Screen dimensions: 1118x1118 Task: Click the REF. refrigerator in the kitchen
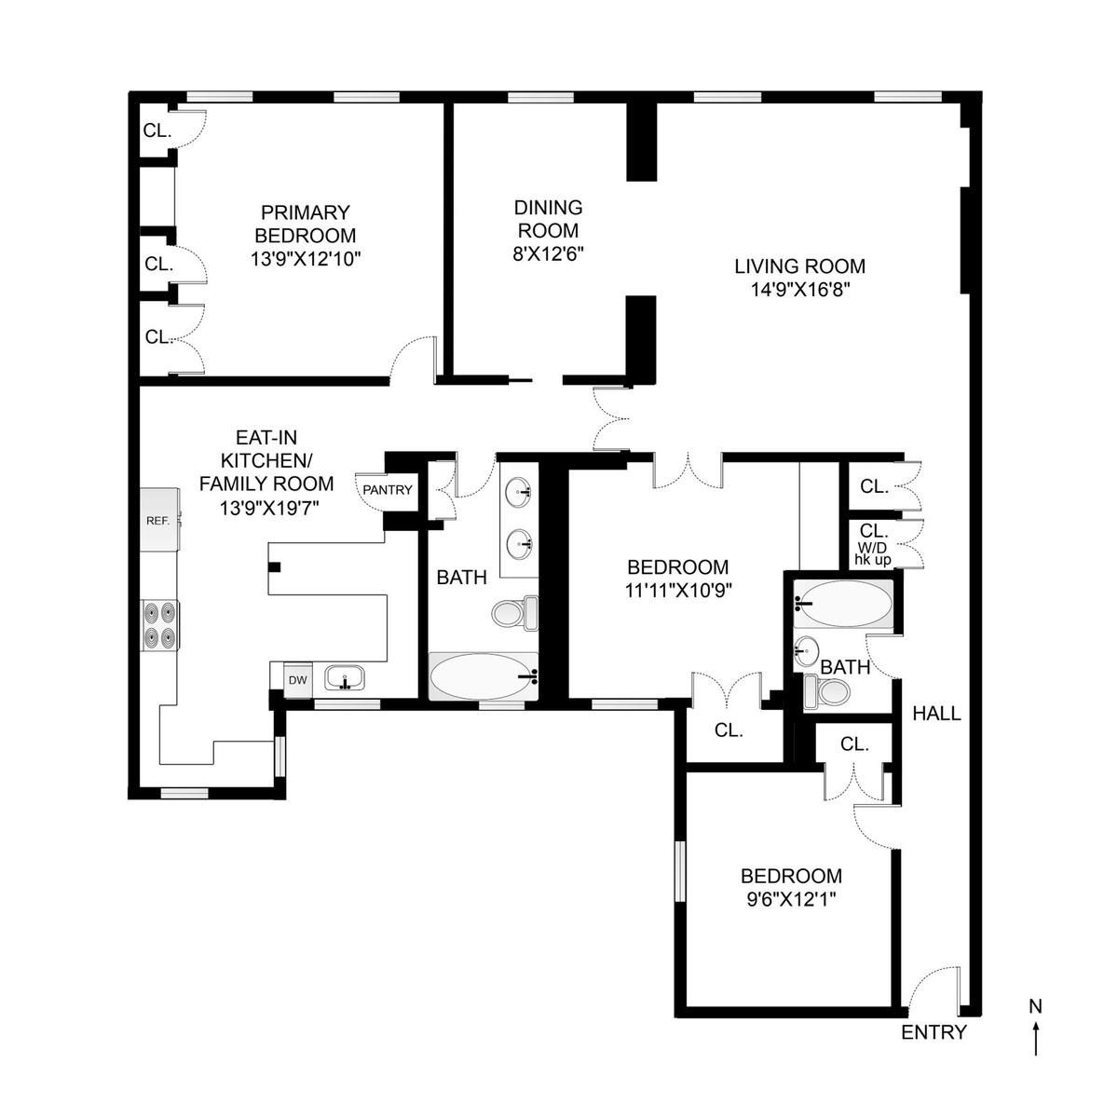click(x=159, y=519)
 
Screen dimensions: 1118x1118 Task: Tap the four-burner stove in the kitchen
click(x=160, y=626)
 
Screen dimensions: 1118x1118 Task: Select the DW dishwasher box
click(x=297, y=680)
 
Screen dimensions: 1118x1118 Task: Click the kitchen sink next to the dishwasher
click(x=345, y=677)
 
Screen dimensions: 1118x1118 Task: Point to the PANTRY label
click(x=388, y=490)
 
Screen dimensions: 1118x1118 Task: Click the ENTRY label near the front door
click(x=934, y=1032)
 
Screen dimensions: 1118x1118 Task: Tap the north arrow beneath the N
click(x=1036, y=1038)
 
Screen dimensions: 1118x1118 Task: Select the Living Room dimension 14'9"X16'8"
click(x=800, y=289)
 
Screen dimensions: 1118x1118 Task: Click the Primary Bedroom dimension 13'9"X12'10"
click(x=306, y=259)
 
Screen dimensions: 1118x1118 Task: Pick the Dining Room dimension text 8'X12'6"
click(x=548, y=253)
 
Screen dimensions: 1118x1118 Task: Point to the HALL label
click(x=936, y=713)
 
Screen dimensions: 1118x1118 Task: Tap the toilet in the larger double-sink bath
click(x=514, y=613)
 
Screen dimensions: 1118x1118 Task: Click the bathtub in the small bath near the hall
click(x=844, y=604)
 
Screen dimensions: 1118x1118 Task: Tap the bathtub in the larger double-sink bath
click(x=484, y=676)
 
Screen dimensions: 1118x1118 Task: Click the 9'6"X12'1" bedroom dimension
click(x=791, y=900)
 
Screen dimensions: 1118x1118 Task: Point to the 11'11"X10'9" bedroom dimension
click(x=678, y=591)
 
